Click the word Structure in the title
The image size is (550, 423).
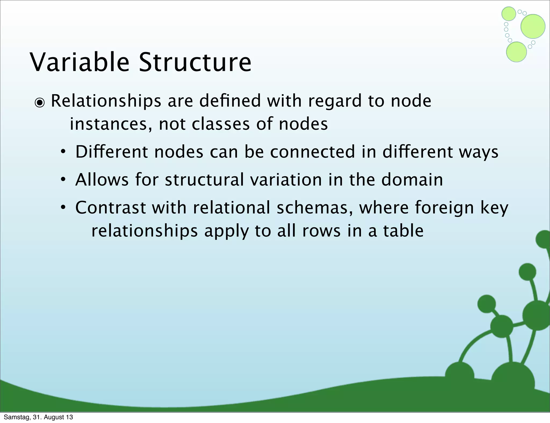pos(195,62)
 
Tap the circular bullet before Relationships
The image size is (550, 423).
pos(40,103)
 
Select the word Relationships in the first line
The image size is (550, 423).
pos(106,101)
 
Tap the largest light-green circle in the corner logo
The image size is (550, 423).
pos(533,26)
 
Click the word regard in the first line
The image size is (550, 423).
pos(335,101)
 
